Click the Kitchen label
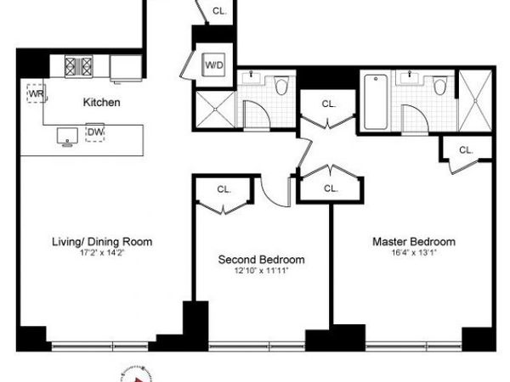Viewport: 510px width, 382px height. tap(100, 103)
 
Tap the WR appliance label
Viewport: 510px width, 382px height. tap(35, 93)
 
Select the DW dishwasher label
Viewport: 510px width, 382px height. tap(94, 132)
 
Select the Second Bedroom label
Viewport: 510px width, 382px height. tap(261, 260)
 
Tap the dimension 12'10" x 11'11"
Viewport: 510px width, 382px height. tap(261, 270)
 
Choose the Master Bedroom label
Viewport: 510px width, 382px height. tap(414, 242)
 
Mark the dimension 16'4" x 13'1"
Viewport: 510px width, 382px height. tap(414, 252)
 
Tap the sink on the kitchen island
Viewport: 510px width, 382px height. tap(65, 135)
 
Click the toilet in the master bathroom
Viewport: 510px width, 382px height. tap(439, 86)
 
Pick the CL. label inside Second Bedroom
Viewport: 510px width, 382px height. tap(224, 189)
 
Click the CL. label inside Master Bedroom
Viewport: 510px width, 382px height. tap(465, 149)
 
